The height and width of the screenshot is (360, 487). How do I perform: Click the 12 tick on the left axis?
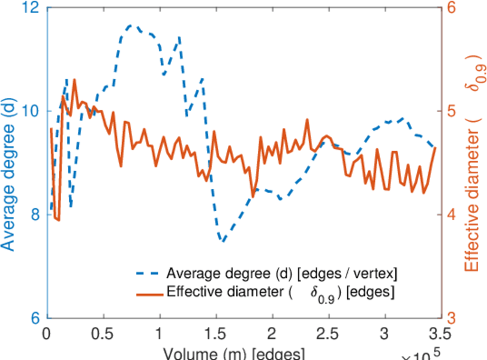tap(31, 8)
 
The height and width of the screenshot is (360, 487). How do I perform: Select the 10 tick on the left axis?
tap(31, 112)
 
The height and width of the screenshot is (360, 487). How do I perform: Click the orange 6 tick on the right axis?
tap(450, 8)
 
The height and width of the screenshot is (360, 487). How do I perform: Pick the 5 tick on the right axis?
tap(450, 112)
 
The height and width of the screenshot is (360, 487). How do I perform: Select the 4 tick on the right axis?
tap(450, 215)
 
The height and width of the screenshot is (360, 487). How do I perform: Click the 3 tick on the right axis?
tap(450, 318)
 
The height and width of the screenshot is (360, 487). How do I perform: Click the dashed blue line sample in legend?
tap(148, 274)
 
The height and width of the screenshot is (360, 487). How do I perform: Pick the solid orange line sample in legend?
tap(148, 293)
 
